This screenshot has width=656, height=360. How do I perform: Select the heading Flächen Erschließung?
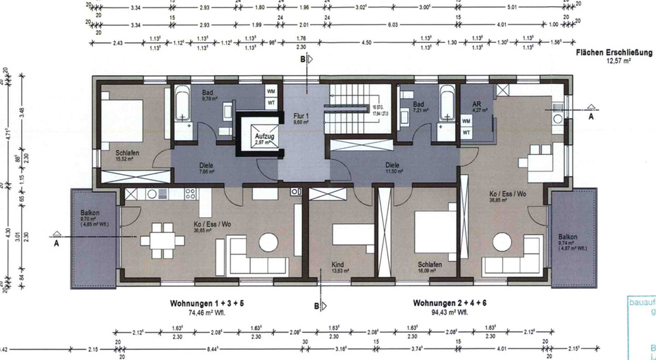click(614, 53)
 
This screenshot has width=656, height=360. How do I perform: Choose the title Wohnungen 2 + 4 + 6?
click(450, 303)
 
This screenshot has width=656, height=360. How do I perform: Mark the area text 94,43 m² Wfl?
click(450, 312)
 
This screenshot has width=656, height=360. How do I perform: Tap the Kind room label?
click(338, 264)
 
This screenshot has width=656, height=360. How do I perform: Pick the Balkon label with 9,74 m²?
click(567, 237)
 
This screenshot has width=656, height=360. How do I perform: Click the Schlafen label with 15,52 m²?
click(127, 154)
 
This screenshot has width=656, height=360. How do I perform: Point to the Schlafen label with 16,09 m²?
click(430, 264)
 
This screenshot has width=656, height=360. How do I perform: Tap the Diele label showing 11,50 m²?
click(392, 165)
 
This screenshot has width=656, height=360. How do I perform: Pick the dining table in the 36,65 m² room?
click(163, 240)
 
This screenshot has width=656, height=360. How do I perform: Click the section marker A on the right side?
click(591, 117)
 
